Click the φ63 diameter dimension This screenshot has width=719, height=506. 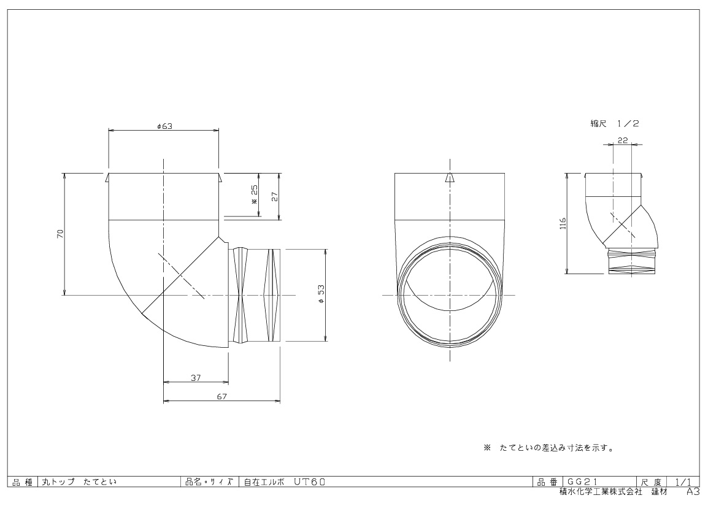[x=164, y=126]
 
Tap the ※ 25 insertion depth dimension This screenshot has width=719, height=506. [x=255, y=194]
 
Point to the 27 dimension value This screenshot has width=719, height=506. [x=275, y=197]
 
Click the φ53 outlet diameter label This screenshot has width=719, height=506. [x=321, y=294]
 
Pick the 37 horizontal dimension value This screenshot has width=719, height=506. [x=196, y=378]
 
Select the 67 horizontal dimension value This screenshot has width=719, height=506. [x=222, y=396]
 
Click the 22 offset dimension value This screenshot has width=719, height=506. [x=622, y=140]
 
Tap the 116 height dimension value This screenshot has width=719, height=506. [x=563, y=223]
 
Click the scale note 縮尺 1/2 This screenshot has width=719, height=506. [x=615, y=123]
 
